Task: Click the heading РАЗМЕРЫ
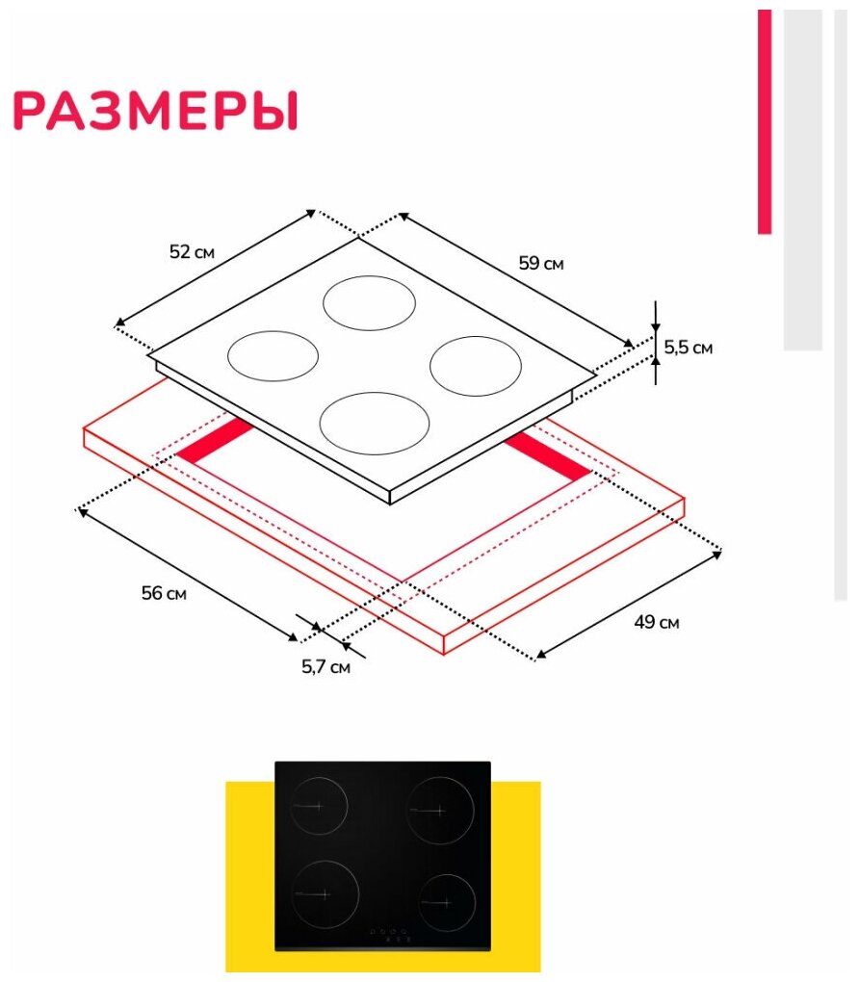tap(155, 111)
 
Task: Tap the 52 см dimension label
tap(192, 252)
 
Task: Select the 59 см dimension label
tap(540, 263)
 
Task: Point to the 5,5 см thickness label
tap(689, 348)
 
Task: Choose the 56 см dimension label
tap(164, 593)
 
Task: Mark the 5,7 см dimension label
tap(326, 665)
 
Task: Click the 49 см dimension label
tap(656, 622)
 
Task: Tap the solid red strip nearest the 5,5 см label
tap(546, 454)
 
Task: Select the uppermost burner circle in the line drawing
tap(369, 301)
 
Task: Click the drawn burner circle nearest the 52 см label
tap(273, 354)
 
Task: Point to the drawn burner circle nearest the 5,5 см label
tap(475, 365)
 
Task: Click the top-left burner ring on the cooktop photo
tap(319, 806)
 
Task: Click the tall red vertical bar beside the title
tap(765, 121)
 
